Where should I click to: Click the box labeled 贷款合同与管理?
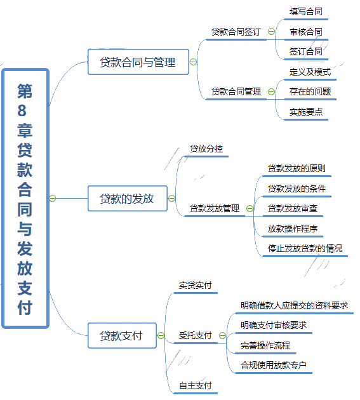(138, 62)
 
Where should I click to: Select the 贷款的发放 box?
(128, 199)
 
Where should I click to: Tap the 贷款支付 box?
(122, 335)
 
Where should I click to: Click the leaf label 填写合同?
(305, 11)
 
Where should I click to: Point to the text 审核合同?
(305, 32)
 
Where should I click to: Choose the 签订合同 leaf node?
(305, 51)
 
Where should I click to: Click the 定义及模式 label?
(310, 72)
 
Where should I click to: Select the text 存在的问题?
(310, 91)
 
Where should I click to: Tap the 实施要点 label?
(305, 112)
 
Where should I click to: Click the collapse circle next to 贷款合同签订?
(271, 31)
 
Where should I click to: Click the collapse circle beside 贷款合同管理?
(271, 91)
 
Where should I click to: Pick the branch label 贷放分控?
(206, 149)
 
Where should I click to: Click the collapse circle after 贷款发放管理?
(250, 208)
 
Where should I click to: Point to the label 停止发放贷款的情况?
(305, 248)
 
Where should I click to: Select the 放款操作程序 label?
(293, 229)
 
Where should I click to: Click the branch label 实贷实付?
(195, 285)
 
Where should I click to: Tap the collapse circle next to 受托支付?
(222, 335)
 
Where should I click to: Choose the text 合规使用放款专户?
(273, 365)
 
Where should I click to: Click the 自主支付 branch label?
(195, 385)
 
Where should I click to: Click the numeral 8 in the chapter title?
(22, 110)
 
